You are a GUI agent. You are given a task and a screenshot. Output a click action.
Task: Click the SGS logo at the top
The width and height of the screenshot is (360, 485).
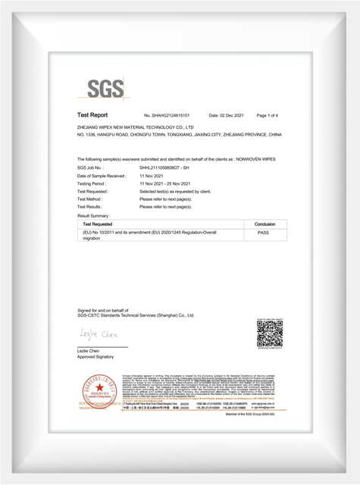[105, 89]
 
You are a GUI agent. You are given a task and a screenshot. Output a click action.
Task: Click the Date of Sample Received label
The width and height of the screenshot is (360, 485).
[102, 175]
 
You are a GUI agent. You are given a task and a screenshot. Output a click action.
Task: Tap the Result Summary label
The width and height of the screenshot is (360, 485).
[95, 216]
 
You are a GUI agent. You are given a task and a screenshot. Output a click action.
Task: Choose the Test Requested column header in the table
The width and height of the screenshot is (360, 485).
[98, 224]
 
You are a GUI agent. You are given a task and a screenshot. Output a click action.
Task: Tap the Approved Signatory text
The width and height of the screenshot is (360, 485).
[95, 356]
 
